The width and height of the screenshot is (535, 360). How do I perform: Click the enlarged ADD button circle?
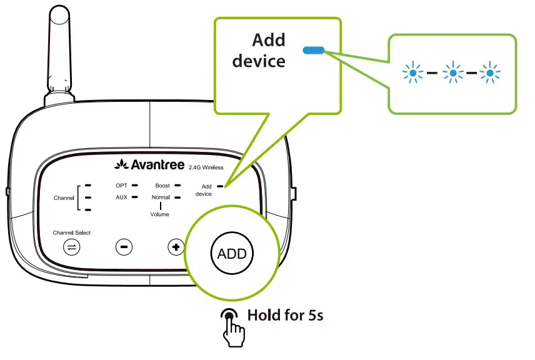pos(232,254)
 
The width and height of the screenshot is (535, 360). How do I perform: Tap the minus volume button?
pos(124,247)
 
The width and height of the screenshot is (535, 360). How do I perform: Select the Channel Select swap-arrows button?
pos(72,247)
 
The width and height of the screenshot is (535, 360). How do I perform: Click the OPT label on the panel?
pos(121,186)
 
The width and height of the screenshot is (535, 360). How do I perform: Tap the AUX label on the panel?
pos(121,197)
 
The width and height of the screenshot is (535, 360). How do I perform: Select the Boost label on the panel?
pos(162,186)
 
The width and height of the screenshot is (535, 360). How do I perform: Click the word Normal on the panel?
pos(161,197)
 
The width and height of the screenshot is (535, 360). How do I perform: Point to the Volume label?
pos(159,214)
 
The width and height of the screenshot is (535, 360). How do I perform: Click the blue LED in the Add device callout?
pos(312,50)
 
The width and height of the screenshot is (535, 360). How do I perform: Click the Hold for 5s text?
pos(286,315)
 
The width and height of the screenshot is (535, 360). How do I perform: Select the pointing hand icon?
pos(232,323)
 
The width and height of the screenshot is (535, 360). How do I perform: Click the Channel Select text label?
pos(71,232)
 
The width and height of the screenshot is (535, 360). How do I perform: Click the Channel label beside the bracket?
pos(64,197)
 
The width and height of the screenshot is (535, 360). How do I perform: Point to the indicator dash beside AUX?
pos(136,197)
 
